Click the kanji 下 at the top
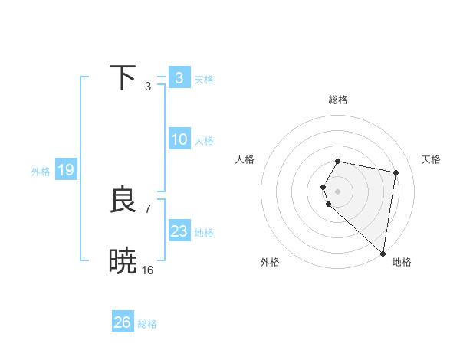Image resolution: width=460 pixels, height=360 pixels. point(123,78)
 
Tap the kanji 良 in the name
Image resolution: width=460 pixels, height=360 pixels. point(123,201)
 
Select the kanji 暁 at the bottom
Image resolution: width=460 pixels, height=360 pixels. point(123,261)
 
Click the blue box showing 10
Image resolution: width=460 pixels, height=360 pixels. point(179,139)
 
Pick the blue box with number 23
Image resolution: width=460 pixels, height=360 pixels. point(179,231)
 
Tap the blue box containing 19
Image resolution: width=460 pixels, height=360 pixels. point(66,170)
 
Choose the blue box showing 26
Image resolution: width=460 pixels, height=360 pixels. point(123,322)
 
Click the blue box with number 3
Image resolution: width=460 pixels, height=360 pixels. point(179,78)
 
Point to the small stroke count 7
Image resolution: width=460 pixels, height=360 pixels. point(148,208)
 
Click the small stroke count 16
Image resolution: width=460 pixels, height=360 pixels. point(148,270)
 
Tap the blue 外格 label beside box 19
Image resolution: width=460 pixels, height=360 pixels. point(41,172)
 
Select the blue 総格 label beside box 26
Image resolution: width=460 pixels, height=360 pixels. point(148,324)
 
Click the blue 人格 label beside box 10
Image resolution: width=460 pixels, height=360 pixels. point(205,141)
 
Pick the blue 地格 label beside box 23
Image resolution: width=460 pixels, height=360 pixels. point(205,233)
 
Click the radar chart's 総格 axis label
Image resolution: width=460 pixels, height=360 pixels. point(338,100)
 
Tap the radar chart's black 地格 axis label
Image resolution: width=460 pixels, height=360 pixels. point(402,262)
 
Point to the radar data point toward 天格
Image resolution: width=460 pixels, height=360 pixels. point(396,173)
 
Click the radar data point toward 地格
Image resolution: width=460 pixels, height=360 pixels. point(383,253)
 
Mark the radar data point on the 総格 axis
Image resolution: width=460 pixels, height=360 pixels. point(338,161)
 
